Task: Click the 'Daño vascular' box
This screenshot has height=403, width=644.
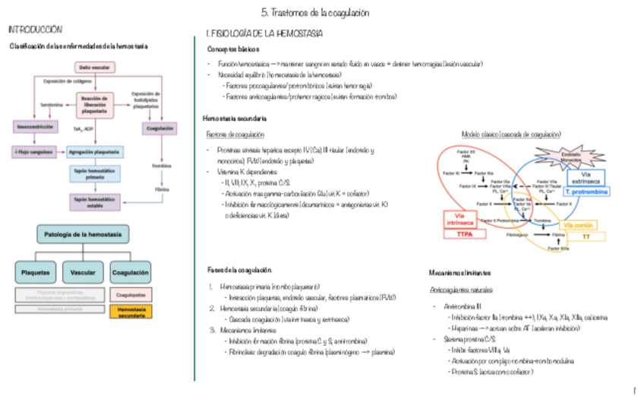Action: pos(94,67)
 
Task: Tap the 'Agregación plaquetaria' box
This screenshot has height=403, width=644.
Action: pos(95,151)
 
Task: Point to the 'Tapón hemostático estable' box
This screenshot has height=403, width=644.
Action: pos(95,201)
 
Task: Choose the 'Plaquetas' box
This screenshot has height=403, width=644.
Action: pos(36,271)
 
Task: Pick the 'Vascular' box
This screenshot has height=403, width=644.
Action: pos(83,271)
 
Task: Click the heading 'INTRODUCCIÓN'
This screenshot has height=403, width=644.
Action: pos(35,30)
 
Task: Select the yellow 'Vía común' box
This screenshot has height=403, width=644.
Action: pos(579,225)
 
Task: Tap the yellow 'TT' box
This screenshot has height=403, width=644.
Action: pos(586,237)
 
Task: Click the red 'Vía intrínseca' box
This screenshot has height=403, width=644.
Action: pos(460,219)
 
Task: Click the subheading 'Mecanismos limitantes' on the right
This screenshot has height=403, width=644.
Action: pos(459,272)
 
